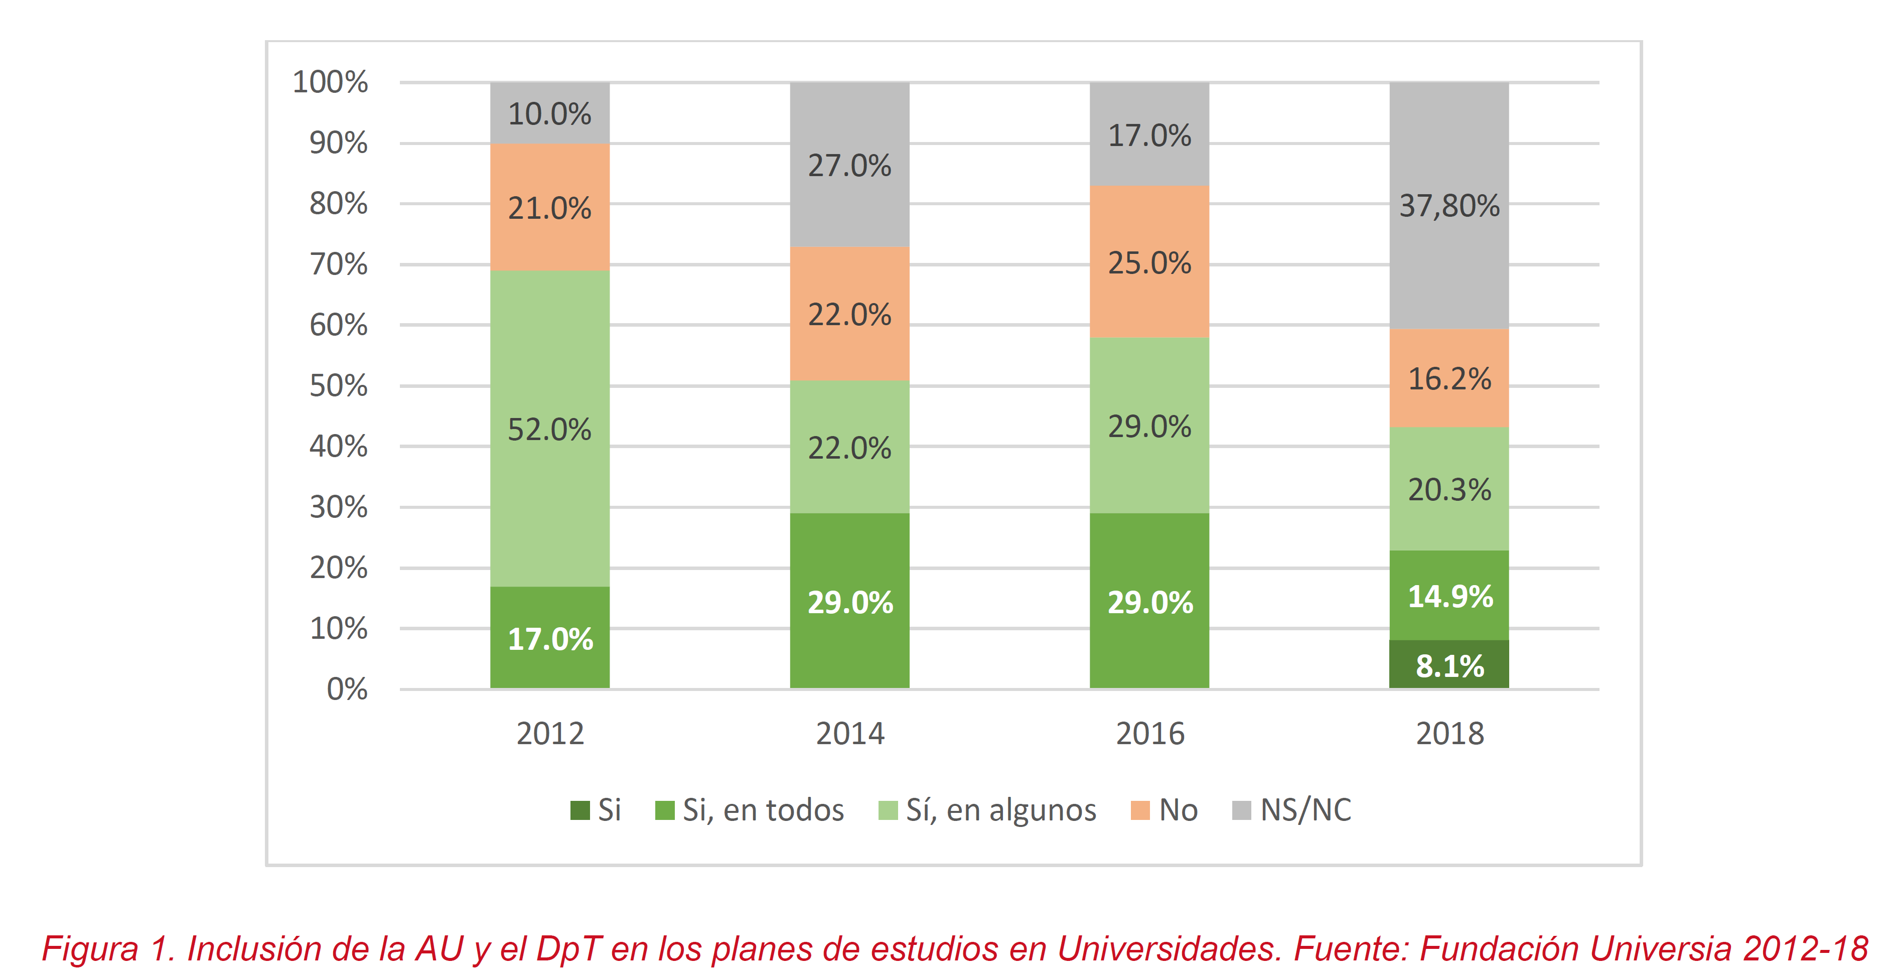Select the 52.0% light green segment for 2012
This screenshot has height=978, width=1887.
(x=549, y=429)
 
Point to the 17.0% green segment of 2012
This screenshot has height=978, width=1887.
(x=549, y=637)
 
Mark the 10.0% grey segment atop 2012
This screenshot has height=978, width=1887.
(x=549, y=113)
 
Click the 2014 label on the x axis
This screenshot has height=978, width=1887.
(x=850, y=733)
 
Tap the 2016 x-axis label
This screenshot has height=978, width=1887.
(x=1149, y=733)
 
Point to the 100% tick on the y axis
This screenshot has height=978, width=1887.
(x=330, y=82)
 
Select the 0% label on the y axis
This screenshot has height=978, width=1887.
(x=347, y=688)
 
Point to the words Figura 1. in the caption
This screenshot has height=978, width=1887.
(x=108, y=949)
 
